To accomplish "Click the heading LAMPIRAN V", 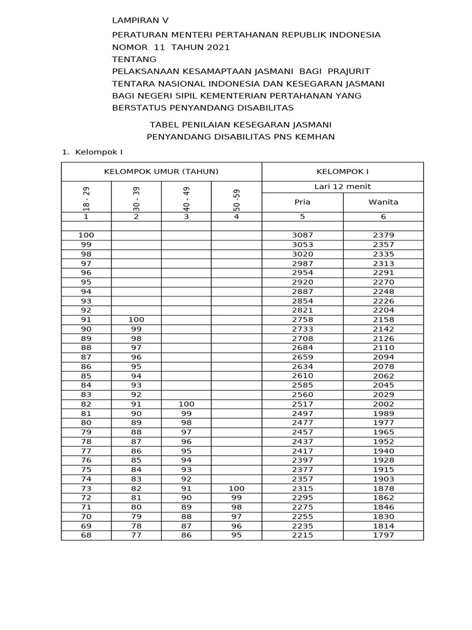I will [x=140, y=20].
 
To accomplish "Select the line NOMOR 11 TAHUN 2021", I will [x=171, y=47].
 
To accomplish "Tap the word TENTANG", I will [x=134, y=59].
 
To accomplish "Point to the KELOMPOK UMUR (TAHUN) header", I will [x=162, y=172].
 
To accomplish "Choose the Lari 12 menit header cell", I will [x=342, y=186].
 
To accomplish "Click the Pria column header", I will [x=302, y=202].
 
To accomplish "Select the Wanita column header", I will [x=383, y=202].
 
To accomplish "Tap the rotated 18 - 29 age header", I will [x=87, y=199].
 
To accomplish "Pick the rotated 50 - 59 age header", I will [x=237, y=199].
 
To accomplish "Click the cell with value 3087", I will [x=302, y=235].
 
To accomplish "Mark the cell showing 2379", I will [x=383, y=235].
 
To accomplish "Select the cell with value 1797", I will [x=383, y=535].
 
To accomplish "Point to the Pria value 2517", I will [x=302, y=404].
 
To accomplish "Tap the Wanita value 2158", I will [x=383, y=319].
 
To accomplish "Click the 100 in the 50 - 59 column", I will [x=237, y=488].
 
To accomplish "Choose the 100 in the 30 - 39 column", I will [x=136, y=319].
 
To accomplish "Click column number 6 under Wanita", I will [x=383, y=217].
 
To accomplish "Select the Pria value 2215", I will [x=302, y=535].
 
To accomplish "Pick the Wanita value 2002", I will [x=383, y=404].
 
